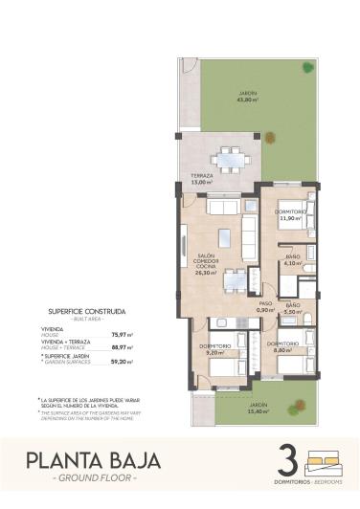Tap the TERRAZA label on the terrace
[x=201, y=178]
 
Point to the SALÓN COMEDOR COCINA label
[x=205, y=263]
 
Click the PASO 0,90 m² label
[x=266, y=305]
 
